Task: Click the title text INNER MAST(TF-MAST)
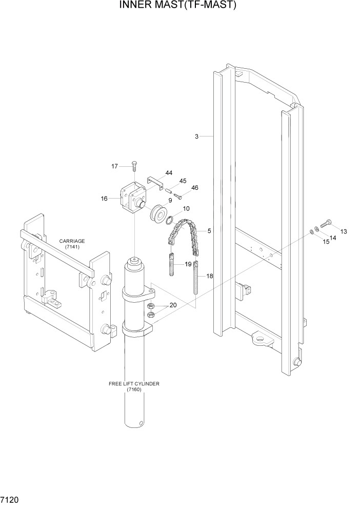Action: [x=179, y=6]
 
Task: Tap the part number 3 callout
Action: [x=196, y=136]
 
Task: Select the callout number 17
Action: [x=115, y=166]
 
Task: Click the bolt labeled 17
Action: [x=133, y=166]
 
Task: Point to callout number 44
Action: [x=168, y=173]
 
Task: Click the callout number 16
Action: [x=105, y=198]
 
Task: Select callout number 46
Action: [x=194, y=188]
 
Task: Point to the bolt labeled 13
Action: [x=327, y=224]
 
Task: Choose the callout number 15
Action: [x=327, y=242]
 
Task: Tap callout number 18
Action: [x=210, y=276]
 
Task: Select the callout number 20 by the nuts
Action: [x=173, y=305]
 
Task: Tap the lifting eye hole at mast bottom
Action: [x=261, y=339]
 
